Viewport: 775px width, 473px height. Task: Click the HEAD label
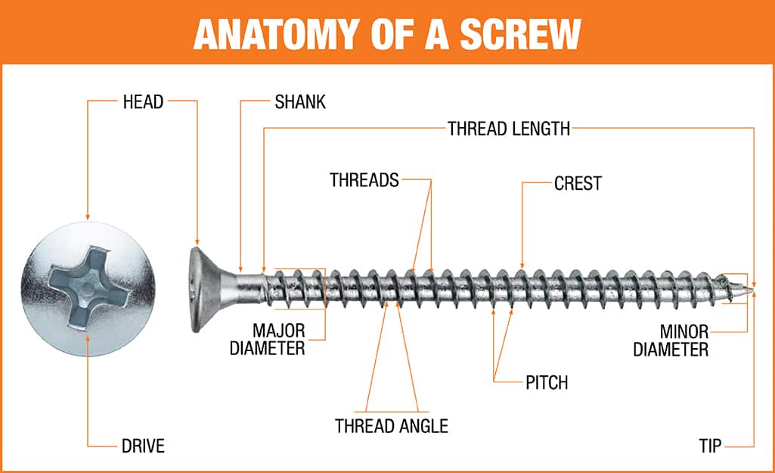(143, 101)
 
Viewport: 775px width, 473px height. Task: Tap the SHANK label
(300, 101)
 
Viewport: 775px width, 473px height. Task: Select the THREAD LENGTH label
(508, 128)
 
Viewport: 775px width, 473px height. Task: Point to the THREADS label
(364, 180)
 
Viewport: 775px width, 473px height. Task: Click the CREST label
(578, 183)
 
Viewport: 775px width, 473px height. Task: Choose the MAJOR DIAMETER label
(278, 339)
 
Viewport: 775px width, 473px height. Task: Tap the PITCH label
(546, 382)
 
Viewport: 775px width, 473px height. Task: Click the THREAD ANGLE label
(391, 425)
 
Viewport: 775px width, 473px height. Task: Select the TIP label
(711, 446)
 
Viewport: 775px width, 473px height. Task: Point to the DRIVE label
(143, 446)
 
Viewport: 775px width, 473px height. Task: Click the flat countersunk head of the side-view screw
(198, 288)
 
